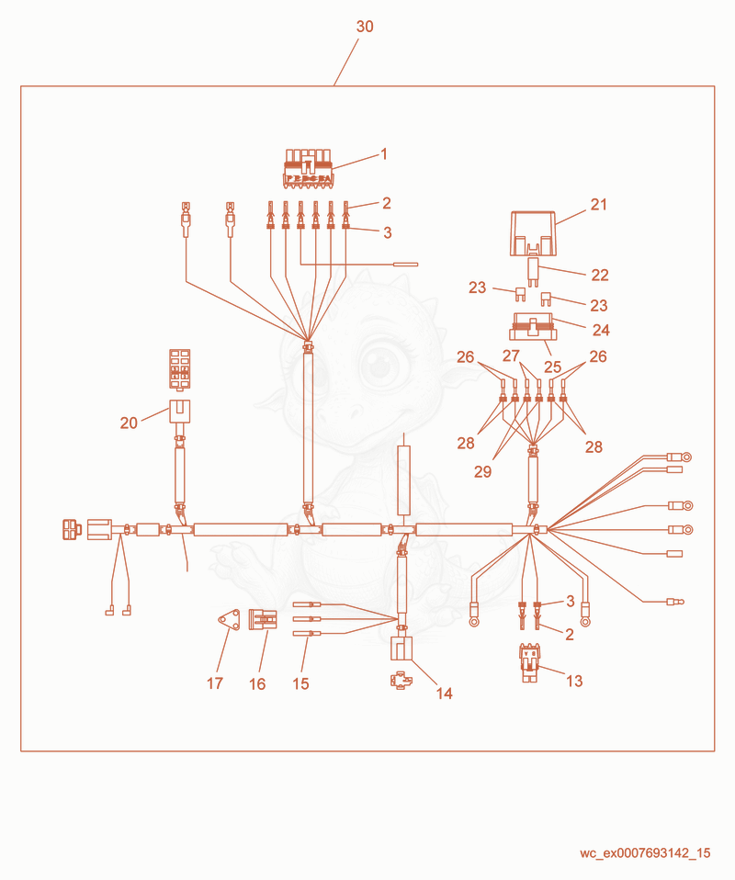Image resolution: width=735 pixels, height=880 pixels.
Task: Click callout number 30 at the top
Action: tap(365, 27)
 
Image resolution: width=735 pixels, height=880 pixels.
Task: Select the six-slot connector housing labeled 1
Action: tap(307, 168)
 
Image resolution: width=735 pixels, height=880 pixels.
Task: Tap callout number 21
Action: tap(598, 204)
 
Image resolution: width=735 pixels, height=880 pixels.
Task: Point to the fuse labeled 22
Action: tap(533, 272)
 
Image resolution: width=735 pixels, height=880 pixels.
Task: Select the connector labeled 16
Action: tap(263, 620)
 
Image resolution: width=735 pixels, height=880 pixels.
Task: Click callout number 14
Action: tap(444, 694)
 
